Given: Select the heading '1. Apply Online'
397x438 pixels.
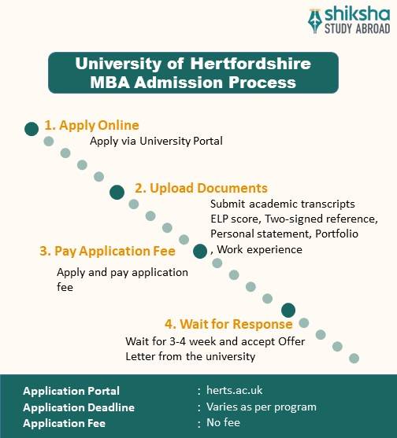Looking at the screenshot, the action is click(91, 125).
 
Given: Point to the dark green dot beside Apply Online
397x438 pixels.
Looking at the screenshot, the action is click(32, 128).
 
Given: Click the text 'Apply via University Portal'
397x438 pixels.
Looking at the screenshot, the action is click(156, 142).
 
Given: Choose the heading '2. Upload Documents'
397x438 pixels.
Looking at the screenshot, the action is click(201, 188).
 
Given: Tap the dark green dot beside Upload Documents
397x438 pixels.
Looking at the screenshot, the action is click(117, 191).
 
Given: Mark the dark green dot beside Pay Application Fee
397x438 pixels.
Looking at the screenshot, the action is click(200, 252).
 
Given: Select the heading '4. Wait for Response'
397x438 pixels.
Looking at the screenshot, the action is click(228, 324).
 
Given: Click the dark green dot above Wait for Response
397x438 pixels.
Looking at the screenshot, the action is click(288, 310).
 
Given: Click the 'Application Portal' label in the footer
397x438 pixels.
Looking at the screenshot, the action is click(72, 391).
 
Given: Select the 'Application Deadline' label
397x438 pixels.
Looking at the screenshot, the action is click(79, 407).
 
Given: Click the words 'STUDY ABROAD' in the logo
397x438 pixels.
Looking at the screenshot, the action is click(352, 30).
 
